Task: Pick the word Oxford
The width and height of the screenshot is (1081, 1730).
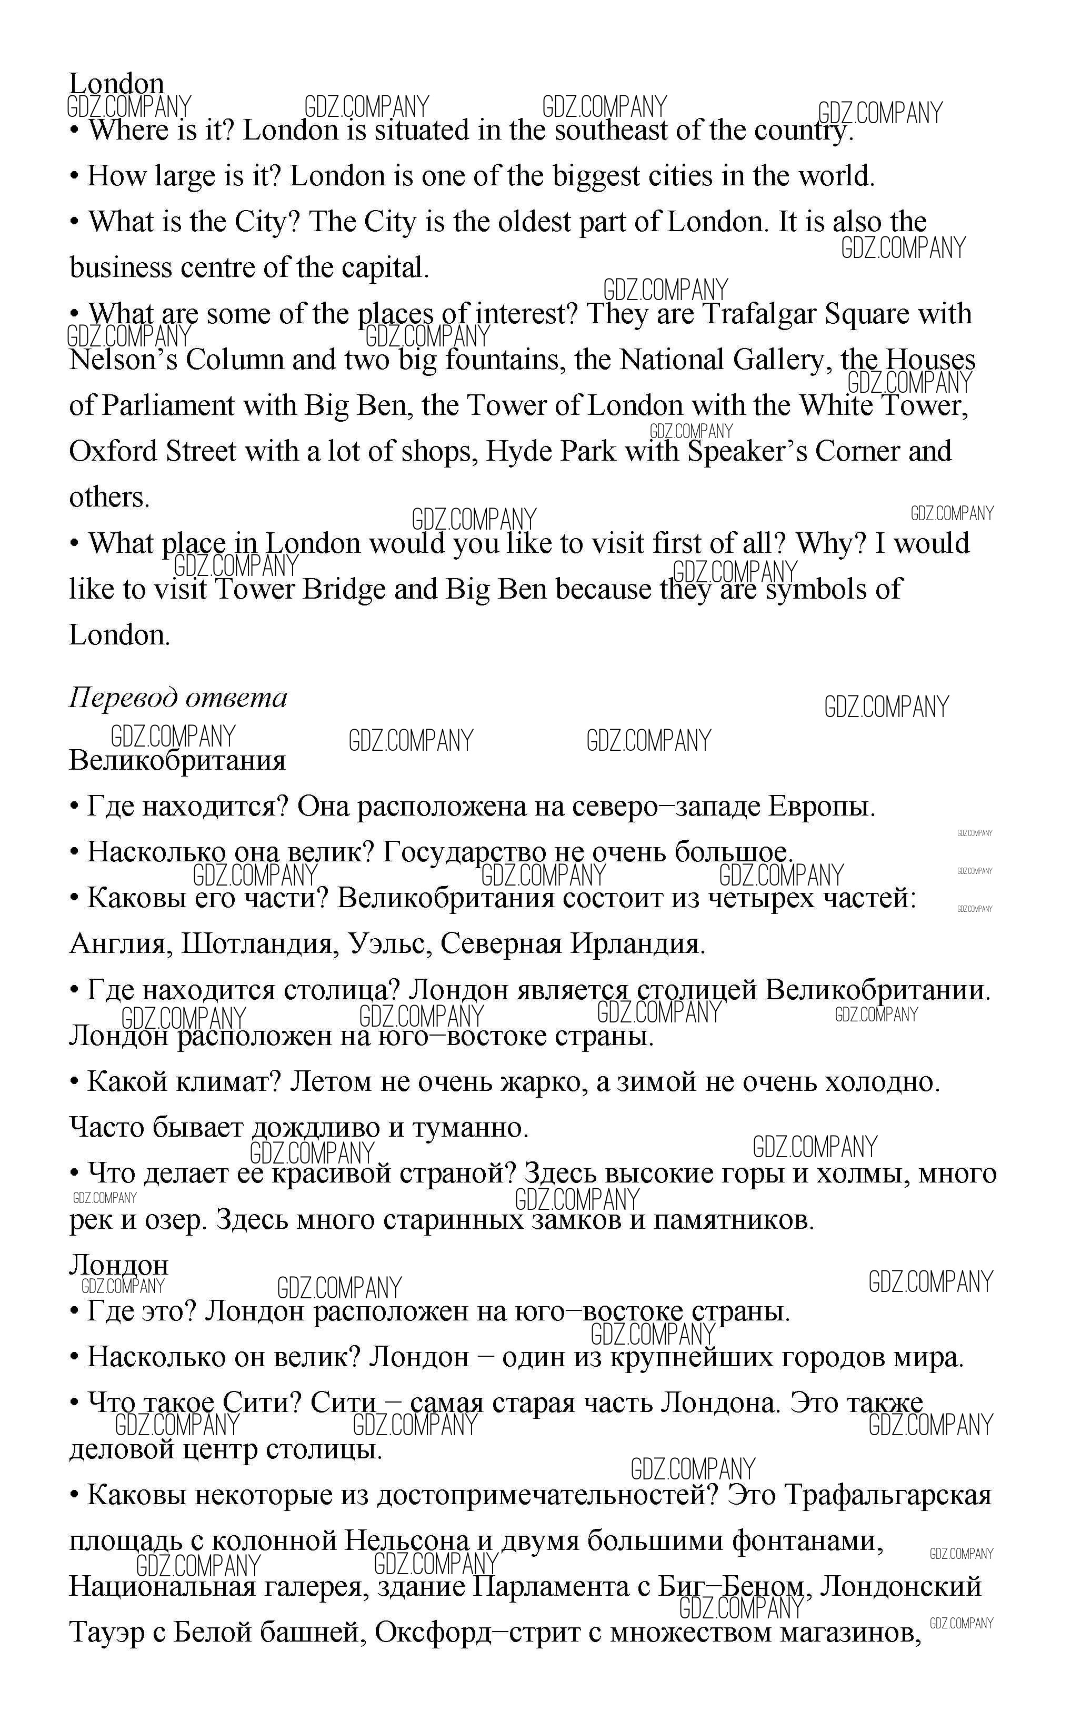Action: point(114,452)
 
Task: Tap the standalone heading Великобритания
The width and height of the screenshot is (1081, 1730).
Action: point(177,760)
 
